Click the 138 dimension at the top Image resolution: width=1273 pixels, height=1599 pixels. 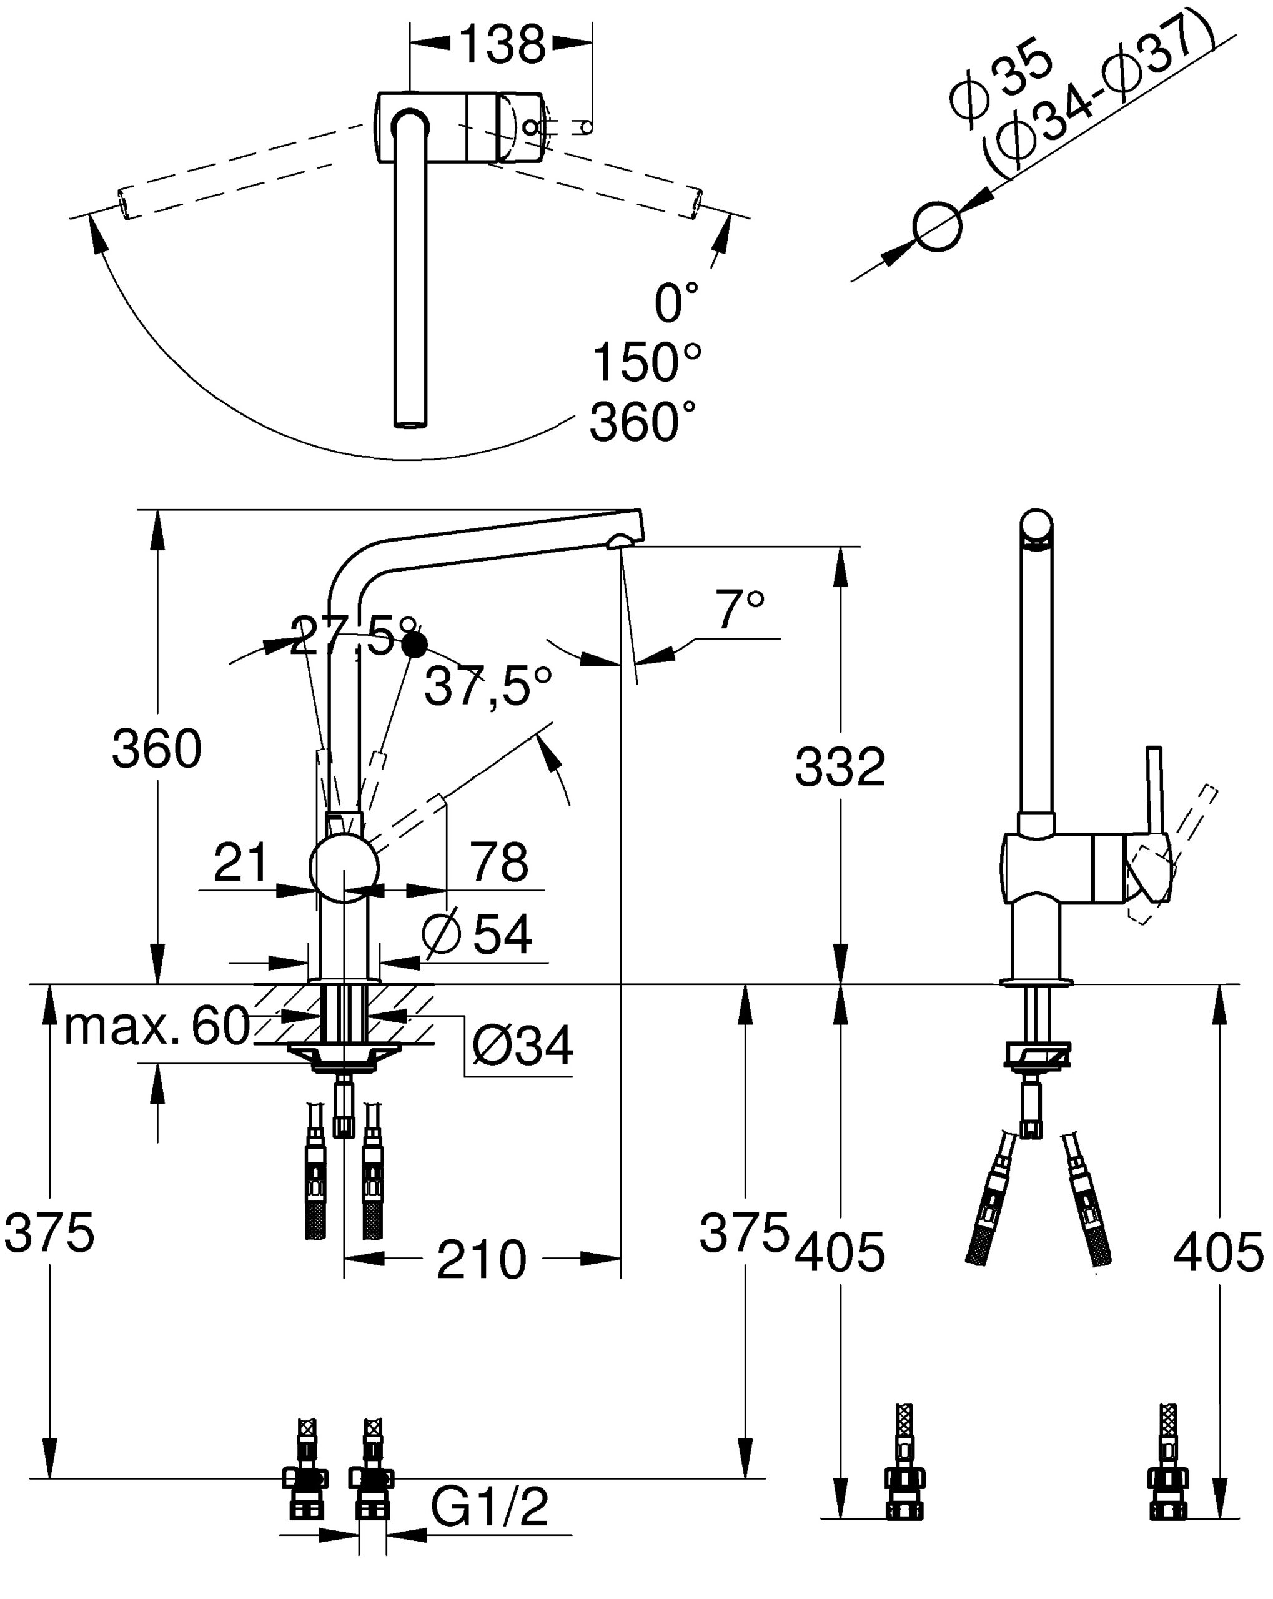503,44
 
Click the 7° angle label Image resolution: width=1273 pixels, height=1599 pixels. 739,610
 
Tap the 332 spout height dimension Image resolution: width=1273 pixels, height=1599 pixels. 840,767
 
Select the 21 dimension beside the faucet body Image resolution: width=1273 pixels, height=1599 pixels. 240,862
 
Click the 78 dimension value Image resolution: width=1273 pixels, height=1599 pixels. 499,862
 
